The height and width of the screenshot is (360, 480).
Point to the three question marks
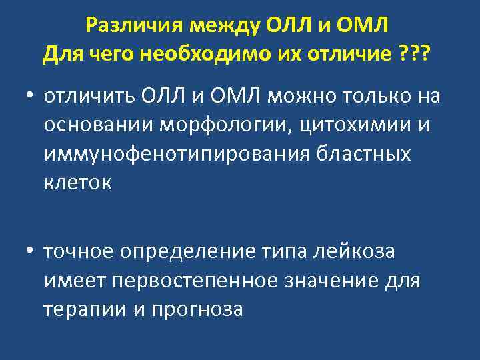pos(415,53)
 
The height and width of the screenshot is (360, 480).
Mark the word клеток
pos(77,181)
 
